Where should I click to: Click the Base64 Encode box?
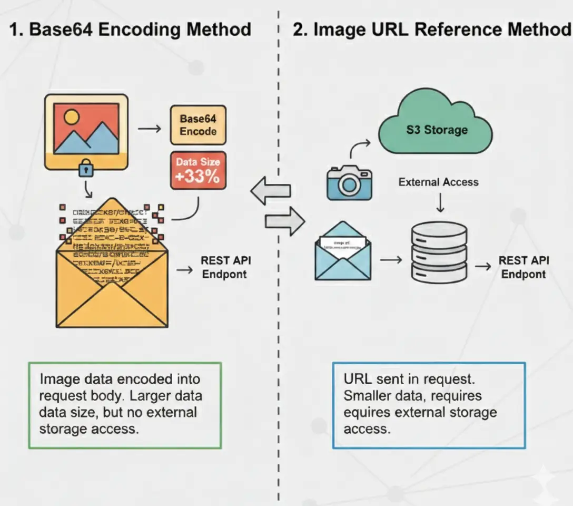click(x=198, y=125)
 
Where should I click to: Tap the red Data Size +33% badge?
click(x=198, y=170)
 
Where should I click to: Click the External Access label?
click(x=438, y=182)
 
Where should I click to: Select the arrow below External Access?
click(x=440, y=203)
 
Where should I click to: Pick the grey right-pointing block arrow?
click(x=285, y=221)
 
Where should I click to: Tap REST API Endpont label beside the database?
click(x=523, y=267)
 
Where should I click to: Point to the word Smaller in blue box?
click(x=372, y=395)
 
